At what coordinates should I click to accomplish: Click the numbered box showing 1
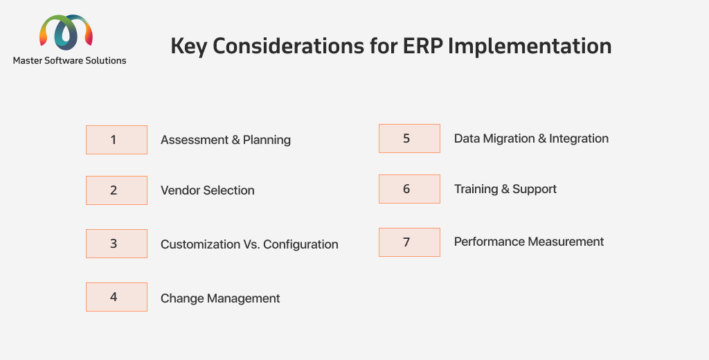pos(116,140)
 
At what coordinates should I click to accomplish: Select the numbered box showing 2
pos(116,190)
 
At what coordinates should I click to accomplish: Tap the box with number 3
pos(116,244)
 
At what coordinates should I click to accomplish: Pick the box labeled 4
pos(116,297)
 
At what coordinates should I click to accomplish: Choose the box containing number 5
pos(410,138)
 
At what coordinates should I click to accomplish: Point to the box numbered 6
pos(410,189)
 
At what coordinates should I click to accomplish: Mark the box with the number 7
pos(410,242)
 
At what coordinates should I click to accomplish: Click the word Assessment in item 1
pos(195,140)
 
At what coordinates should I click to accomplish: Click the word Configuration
pos(300,244)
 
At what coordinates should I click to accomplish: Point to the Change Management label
pos(220,298)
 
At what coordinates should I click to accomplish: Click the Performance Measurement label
pos(528,242)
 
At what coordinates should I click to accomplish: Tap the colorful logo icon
pos(66,32)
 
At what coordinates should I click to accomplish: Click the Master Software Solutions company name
pos(70,61)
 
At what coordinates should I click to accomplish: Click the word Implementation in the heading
pos(530,46)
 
